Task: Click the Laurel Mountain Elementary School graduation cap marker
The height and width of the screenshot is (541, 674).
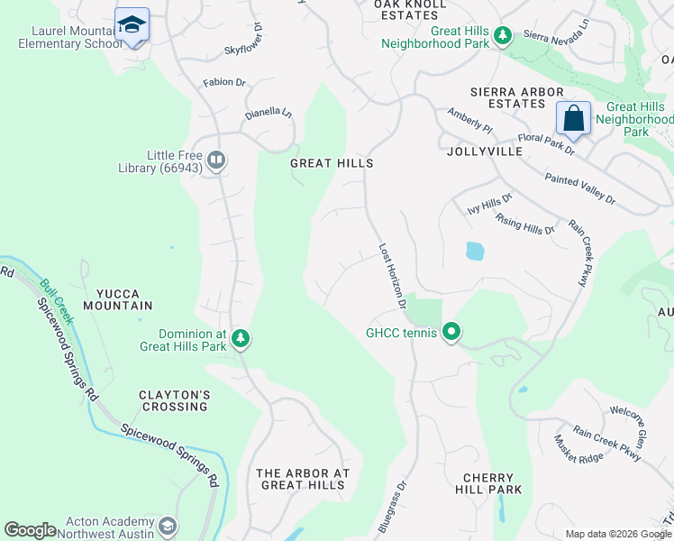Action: click(x=132, y=25)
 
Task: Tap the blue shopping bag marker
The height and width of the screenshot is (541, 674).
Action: click(x=573, y=118)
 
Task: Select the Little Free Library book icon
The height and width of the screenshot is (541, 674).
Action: click(x=216, y=160)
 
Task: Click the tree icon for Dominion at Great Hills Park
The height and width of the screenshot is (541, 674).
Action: click(x=241, y=338)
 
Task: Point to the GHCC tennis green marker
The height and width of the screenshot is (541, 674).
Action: click(x=452, y=334)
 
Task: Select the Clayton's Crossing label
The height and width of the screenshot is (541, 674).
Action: click(x=174, y=400)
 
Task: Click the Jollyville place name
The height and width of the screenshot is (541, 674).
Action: click(x=484, y=152)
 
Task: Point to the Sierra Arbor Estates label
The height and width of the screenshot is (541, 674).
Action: click(x=517, y=98)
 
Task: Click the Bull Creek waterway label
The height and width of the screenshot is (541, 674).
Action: click(x=55, y=298)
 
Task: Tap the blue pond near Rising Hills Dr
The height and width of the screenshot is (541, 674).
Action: click(x=475, y=251)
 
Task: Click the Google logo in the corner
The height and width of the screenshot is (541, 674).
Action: click(x=30, y=530)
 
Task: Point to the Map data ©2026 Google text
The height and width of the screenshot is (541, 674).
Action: click(x=617, y=534)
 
